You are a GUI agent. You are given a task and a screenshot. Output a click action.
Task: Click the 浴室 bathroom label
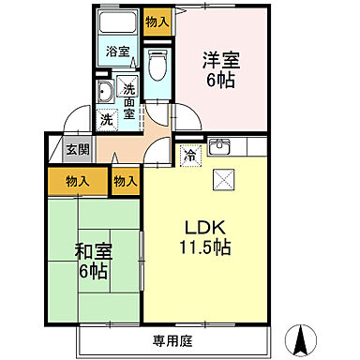[x=117, y=52]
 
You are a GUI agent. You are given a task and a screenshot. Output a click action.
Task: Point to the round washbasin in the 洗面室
[x=106, y=91]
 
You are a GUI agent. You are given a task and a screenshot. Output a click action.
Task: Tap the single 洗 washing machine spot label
[x=107, y=120]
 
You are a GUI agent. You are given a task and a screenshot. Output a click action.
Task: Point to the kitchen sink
[x=221, y=146]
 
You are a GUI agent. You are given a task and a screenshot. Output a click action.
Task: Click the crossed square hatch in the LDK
[x=225, y=180]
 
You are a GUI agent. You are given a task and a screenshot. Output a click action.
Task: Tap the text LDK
[x=207, y=228]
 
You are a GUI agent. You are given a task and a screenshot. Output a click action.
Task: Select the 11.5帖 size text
[x=207, y=248]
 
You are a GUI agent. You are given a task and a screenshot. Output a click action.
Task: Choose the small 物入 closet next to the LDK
[x=125, y=181]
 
